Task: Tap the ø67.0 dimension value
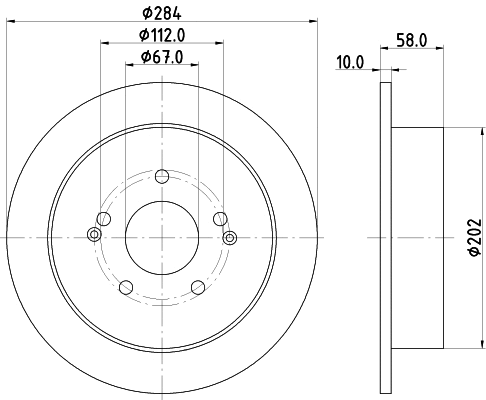[x=162, y=56]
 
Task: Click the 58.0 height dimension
[x=413, y=43]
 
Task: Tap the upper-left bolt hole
[x=103, y=219]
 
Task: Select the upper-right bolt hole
[x=220, y=219]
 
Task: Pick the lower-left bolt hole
[x=125, y=288]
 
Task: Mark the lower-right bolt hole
[x=197, y=288]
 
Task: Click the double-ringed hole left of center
[x=95, y=236]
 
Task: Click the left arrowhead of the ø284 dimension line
[x=12, y=20]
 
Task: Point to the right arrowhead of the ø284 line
[x=311, y=20]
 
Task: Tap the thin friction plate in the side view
[x=385, y=237]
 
